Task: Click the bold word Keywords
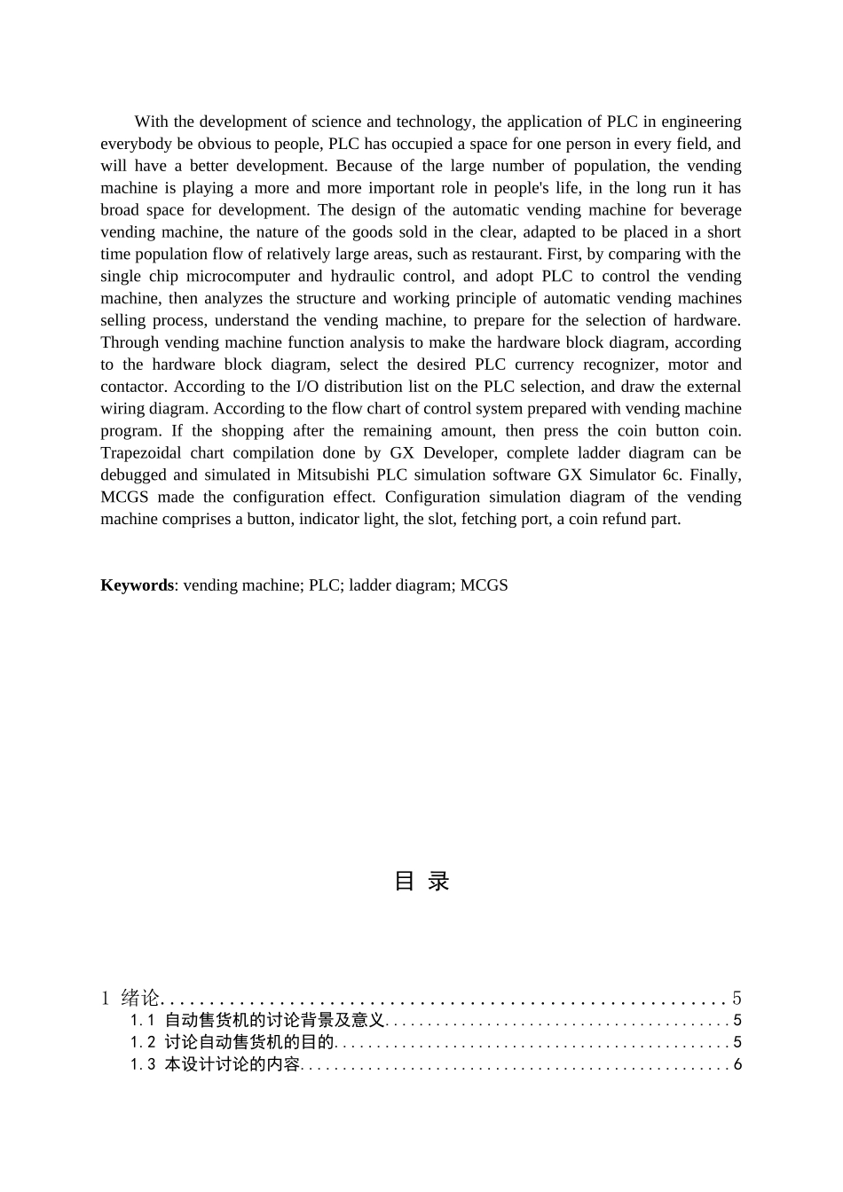click(137, 585)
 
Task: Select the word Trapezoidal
click(140, 453)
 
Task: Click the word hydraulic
click(362, 277)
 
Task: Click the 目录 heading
click(421, 881)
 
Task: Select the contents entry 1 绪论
click(130, 999)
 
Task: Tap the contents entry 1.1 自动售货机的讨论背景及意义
click(257, 1021)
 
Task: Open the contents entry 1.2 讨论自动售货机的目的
click(232, 1043)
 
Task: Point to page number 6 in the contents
click(737, 1065)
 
